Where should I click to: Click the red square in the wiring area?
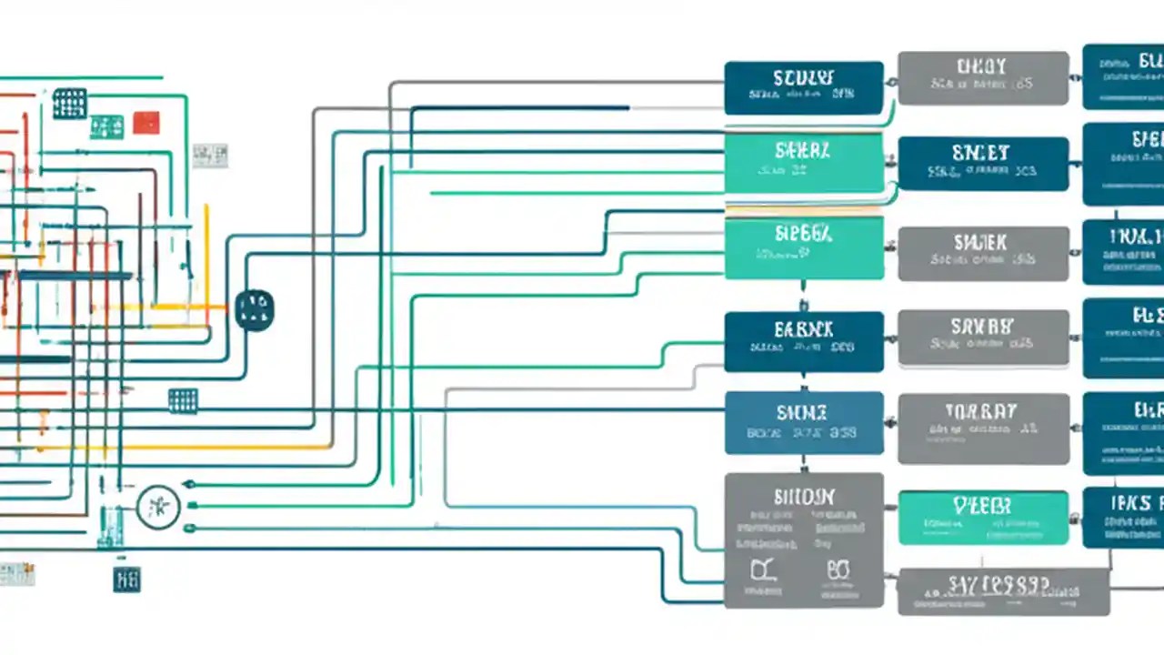tap(145, 122)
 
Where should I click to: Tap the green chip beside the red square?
tap(106, 126)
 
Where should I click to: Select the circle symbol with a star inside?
tap(158, 507)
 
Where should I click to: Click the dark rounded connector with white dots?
tap(254, 310)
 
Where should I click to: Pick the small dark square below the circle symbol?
tap(126, 578)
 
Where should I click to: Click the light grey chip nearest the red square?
tap(209, 156)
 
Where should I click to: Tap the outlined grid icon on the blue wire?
tap(183, 400)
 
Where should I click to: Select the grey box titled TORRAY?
tap(983, 428)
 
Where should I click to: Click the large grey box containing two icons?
tap(803, 539)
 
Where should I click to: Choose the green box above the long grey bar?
tap(983, 518)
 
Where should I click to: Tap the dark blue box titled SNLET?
tap(983, 164)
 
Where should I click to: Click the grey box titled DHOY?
tap(983, 78)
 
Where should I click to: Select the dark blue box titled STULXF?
tap(803, 87)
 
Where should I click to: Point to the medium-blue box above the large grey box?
tap(803, 422)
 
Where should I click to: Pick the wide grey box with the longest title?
tap(1003, 591)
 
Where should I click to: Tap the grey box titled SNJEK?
tap(983, 254)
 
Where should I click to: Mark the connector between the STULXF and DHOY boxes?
tap(891, 83)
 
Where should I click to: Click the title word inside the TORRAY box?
tap(980, 411)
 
